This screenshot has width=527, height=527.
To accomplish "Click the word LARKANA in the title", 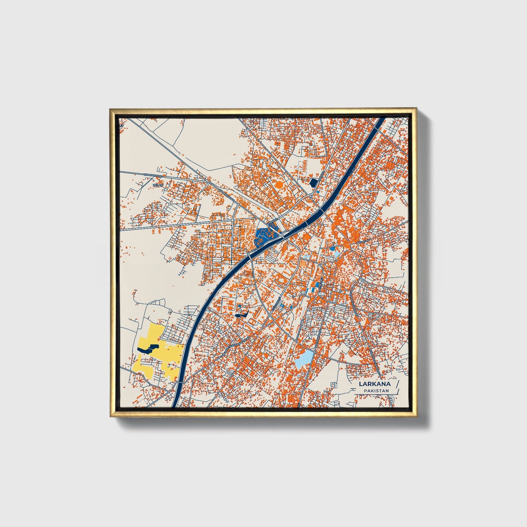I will (375, 384).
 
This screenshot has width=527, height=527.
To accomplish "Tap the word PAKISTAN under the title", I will (376, 391).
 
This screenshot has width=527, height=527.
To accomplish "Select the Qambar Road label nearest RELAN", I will (153, 175).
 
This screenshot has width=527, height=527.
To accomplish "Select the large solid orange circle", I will (279, 185).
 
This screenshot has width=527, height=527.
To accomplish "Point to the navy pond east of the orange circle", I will (313, 182).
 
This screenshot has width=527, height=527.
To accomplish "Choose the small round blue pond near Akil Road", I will (333, 249).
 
